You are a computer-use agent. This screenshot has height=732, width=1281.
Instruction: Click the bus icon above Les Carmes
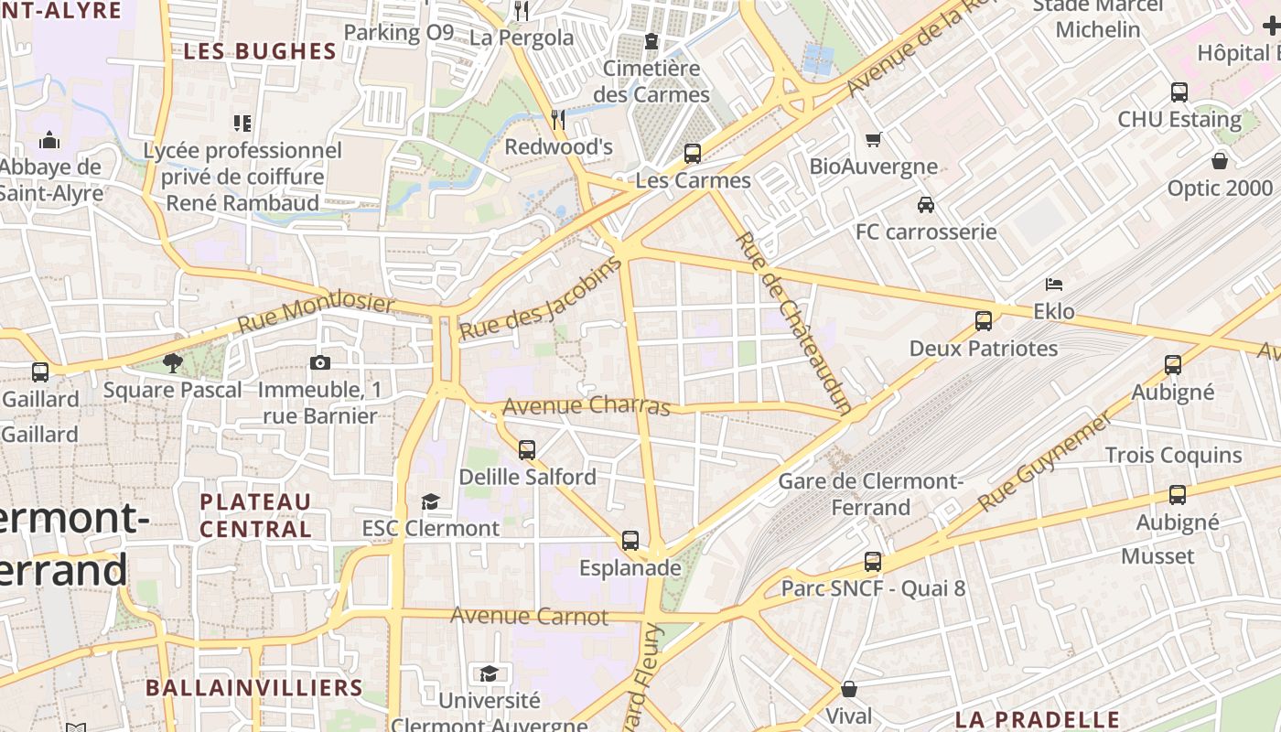pyautogui.click(x=693, y=153)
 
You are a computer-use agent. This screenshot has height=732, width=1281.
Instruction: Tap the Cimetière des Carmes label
pyautogui.click(x=651, y=81)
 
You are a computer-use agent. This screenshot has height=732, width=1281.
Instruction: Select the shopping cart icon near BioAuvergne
pyautogui.click(x=873, y=139)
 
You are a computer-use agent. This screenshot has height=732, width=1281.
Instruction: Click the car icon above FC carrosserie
pyautogui.click(x=926, y=204)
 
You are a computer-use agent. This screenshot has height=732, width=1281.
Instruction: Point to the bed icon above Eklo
pyautogui.click(x=1054, y=284)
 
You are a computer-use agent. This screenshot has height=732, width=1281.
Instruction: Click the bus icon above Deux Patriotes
pyautogui.click(x=984, y=321)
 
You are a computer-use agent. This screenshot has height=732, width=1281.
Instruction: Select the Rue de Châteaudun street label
pyautogui.click(x=794, y=322)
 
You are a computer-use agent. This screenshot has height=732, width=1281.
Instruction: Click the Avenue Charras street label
pyautogui.click(x=587, y=405)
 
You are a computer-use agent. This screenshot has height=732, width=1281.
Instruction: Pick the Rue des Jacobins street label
pyautogui.click(x=540, y=299)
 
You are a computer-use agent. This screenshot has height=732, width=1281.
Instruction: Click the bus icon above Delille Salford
pyautogui.click(x=527, y=449)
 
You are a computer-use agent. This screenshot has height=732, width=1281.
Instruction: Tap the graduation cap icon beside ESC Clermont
pyautogui.click(x=430, y=501)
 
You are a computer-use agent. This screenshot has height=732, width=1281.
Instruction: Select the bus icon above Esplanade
pyautogui.click(x=630, y=541)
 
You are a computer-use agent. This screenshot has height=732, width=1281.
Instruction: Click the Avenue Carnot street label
pyautogui.click(x=529, y=616)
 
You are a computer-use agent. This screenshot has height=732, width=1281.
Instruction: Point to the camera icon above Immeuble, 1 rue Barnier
pyautogui.click(x=319, y=362)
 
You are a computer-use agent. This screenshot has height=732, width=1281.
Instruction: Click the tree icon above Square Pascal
pyautogui.click(x=172, y=363)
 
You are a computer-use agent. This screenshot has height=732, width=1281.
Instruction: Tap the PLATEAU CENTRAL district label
pyautogui.click(x=255, y=515)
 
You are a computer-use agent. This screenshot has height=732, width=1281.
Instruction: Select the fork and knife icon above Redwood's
pyautogui.click(x=557, y=119)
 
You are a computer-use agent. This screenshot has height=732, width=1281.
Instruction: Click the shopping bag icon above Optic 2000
pyautogui.click(x=1220, y=161)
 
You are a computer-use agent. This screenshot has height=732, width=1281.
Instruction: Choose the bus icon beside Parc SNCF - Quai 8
pyautogui.click(x=873, y=562)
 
